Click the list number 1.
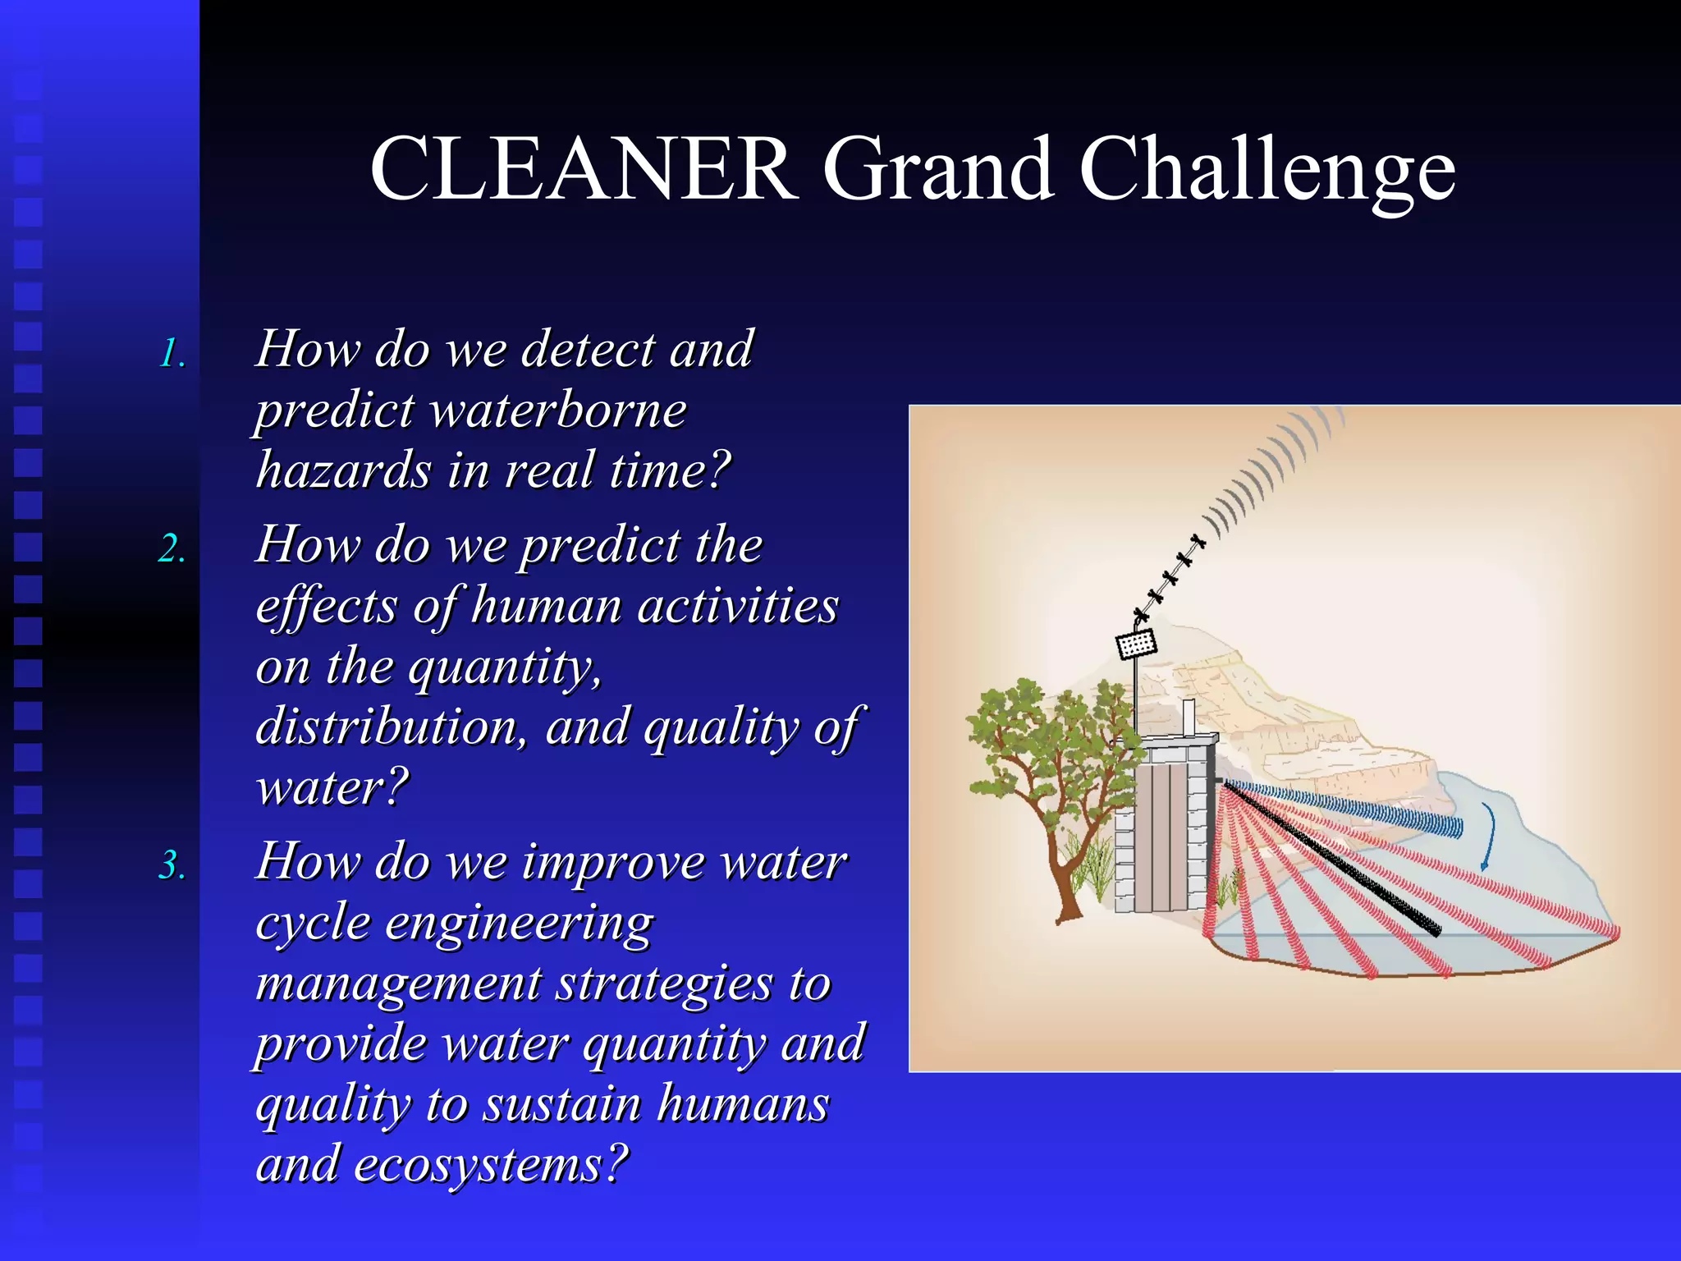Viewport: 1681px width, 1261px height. [x=172, y=354]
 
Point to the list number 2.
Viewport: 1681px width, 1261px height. [x=172, y=548]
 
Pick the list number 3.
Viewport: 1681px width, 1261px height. [x=172, y=865]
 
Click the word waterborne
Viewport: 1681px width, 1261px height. [x=558, y=410]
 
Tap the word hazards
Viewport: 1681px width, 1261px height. [x=343, y=470]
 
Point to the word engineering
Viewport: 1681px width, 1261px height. [x=519, y=923]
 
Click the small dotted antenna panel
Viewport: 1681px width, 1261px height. [x=1137, y=644]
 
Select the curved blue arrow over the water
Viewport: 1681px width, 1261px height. [x=1488, y=836]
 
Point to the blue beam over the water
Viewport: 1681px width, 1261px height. [x=1346, y=808]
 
